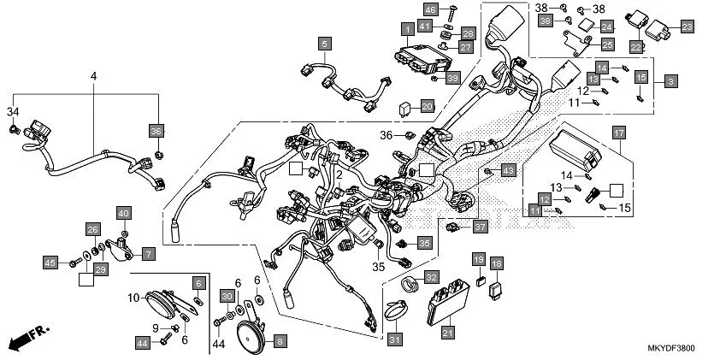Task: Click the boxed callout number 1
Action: click(409, 30)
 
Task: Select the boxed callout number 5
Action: click(324, 43)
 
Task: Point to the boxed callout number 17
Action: click(618, 132)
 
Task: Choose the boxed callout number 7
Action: click(148, 254)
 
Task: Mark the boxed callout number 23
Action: click(687, 27)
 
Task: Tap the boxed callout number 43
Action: click(507, 171)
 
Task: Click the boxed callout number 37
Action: click(479, 227)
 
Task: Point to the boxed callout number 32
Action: click(431, 278)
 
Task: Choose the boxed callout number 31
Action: click(394, 339)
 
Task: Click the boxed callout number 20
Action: click(427, 106)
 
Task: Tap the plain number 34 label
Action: click(12, 112)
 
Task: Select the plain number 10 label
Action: click(133, 298)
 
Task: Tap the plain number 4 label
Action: click(93, 77)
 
